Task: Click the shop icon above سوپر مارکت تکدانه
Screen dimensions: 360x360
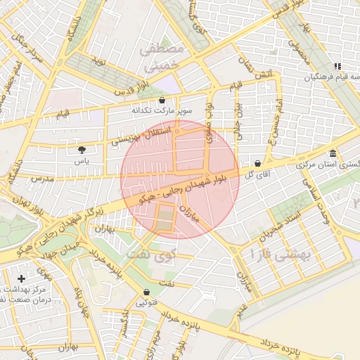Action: (162, 100)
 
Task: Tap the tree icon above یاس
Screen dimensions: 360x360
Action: (82, 149)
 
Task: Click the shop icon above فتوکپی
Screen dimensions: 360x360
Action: (146, 292)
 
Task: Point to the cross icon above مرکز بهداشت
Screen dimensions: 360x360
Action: (22, 278)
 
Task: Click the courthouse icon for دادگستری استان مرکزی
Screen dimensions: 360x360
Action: (333, 153)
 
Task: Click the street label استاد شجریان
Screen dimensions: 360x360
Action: (281, 224)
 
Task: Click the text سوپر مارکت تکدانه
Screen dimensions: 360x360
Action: (162, 111)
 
